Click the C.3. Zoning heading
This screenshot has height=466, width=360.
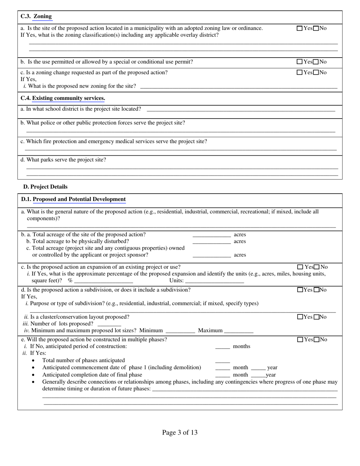(x=36, y=16)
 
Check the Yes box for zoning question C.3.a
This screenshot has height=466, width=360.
(x=300, y=28)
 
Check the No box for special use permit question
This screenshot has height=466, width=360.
(x=316, y=62)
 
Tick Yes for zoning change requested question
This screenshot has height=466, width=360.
(x=300, y=72)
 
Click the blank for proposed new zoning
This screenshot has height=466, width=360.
(x=238, y=86)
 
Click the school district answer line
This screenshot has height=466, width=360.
(x=241, y=109)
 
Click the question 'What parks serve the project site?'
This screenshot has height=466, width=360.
(x=63, y=160)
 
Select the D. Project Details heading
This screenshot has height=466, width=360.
(x=45, y=187)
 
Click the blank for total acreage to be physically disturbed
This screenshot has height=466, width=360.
(x=211, y=242)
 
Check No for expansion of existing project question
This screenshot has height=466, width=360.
(x=317, y=267)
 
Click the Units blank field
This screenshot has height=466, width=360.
(x=214, y=281)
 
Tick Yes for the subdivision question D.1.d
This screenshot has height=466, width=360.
(x=301, y=290)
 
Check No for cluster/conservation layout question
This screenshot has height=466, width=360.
(x=317, y=317)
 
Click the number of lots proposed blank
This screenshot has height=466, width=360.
(x=109, y=324)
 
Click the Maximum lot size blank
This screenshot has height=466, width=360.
(x=239, y=331)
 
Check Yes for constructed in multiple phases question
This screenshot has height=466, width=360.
(x=301, y=340)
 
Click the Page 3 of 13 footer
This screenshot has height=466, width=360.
(x=180, y=432)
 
